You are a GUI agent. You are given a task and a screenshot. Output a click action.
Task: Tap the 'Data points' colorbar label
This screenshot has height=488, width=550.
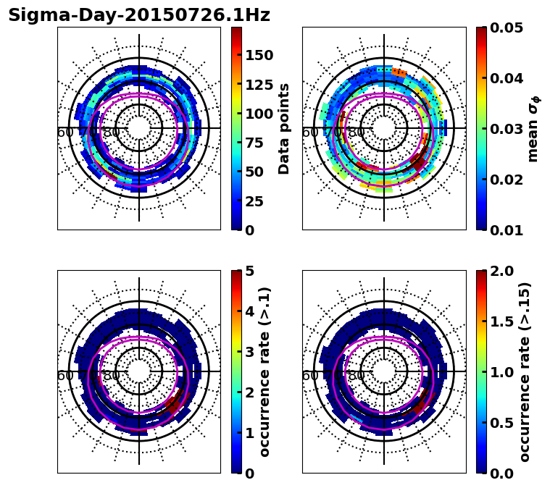click(x=284, y=129)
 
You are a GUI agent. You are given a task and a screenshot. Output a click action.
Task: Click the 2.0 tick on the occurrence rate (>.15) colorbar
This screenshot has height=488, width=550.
click(x=500, y=271)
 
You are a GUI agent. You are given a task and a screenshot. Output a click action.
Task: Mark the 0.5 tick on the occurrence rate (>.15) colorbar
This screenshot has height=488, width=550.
click(x=500, y=423)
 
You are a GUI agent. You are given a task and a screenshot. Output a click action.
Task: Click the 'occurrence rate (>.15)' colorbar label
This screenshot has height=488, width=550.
click(x=525, y=372)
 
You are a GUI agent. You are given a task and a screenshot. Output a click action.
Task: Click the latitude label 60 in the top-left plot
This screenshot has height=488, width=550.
click(x=64, y=132)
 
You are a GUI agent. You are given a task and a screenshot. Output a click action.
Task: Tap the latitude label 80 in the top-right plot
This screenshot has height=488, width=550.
click(x=357, y=132)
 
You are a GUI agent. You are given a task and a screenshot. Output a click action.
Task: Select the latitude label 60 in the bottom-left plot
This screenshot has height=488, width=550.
click(x=64, y=376)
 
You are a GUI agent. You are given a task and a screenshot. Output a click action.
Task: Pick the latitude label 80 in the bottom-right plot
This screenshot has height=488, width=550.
click(x=357, y=376)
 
